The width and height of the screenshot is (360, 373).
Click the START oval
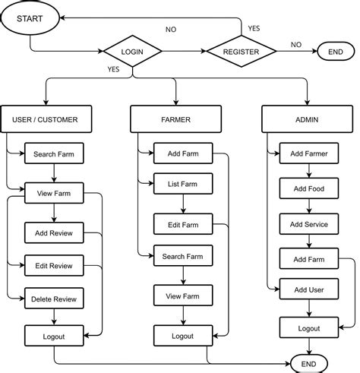pos(30,17)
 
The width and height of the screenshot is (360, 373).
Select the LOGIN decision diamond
pos(133,52)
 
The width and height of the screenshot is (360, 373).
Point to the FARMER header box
pos(176,119)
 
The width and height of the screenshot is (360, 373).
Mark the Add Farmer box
pos(309,154)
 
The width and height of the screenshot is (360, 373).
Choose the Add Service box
pos(309,225)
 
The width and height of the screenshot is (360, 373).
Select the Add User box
pos(309,289)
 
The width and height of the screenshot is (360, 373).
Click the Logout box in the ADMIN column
pos(309,328)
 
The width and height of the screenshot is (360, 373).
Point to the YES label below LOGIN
pos(113,69)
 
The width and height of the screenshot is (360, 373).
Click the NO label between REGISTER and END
pos(295,45)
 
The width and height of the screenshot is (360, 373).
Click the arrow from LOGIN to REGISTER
pos(185,52)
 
